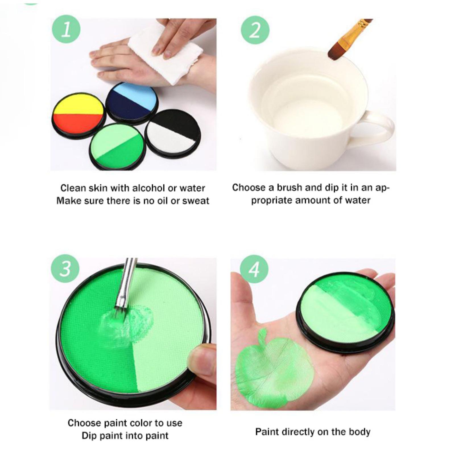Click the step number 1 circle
coord(66,29)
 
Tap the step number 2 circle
coord(255,30)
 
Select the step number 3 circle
coord(65,268)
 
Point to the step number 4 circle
coord(254,269)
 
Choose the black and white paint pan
coord(173,133)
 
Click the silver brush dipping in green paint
coord(125,287)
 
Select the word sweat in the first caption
coord(195,201)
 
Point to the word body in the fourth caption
coord(359,432)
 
